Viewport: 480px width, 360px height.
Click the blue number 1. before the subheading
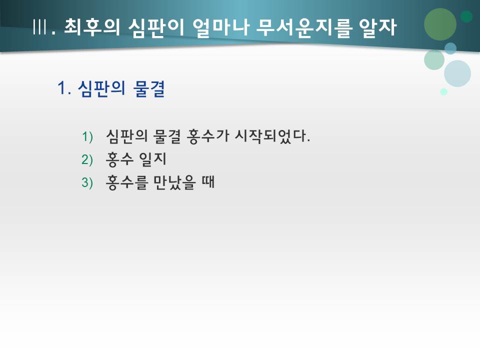[64, 89]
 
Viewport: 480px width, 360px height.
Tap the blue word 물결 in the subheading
[149, 89]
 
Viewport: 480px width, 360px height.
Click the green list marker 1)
[87, 136]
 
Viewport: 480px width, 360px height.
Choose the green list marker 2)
[87, 159]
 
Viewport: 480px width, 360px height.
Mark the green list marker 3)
[87, 183]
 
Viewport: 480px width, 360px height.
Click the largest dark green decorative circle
[440, 24]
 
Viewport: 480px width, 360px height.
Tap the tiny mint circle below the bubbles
[443, 91]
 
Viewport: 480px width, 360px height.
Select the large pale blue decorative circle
[457, 73]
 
